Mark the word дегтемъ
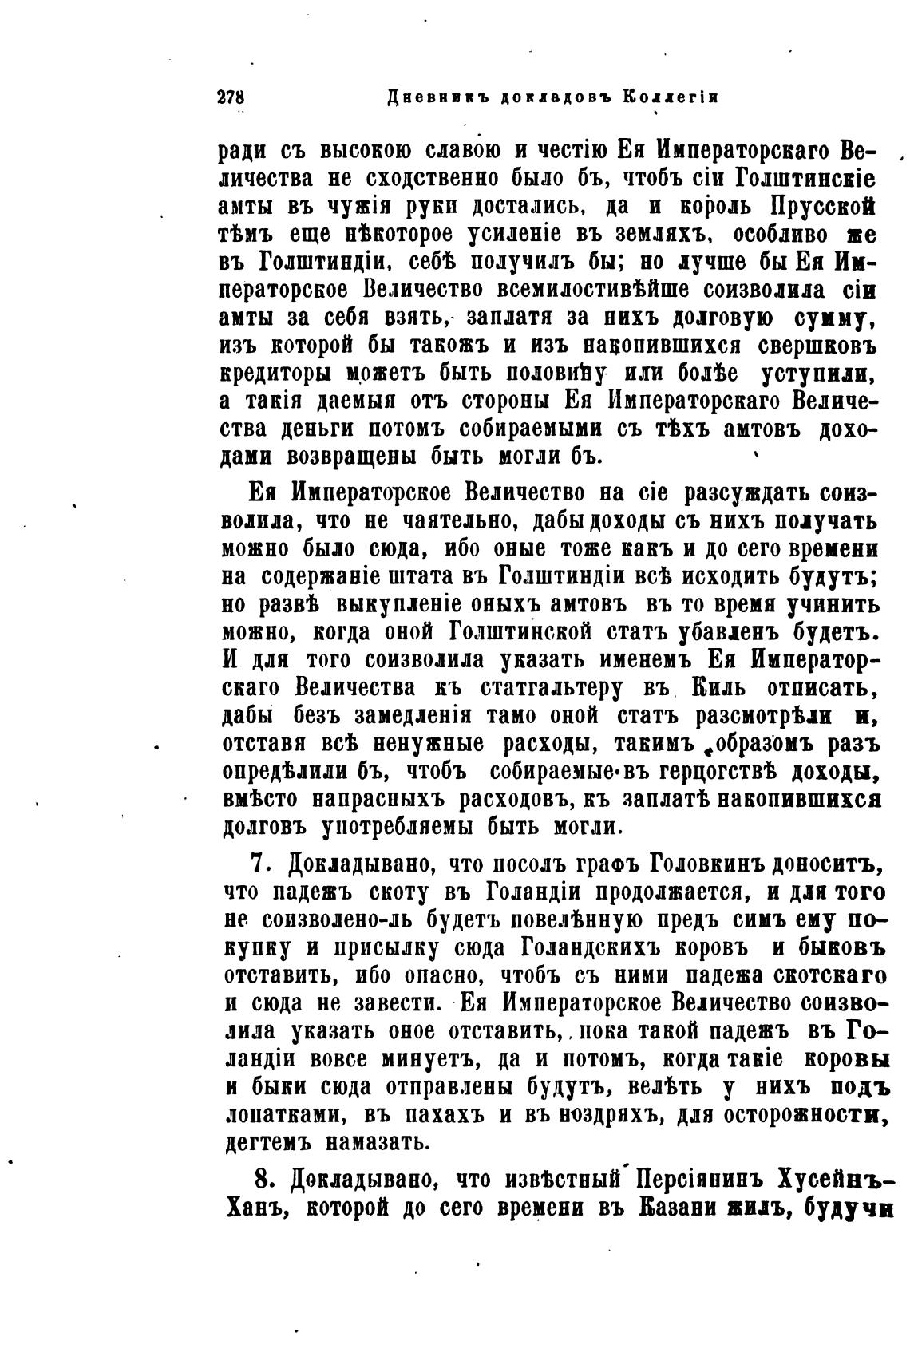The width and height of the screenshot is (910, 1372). [x=264, y=1143]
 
